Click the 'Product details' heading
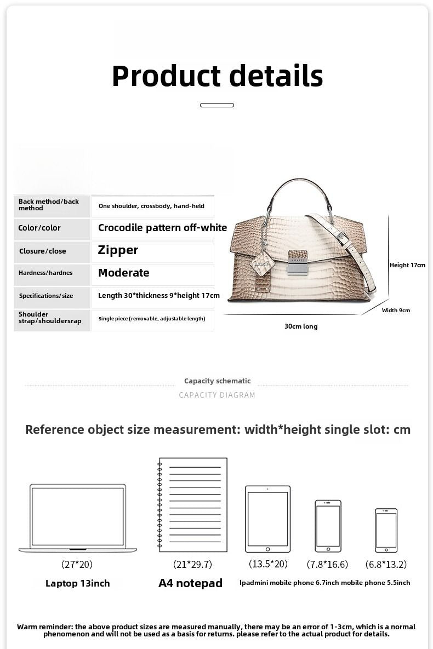pos(217,76)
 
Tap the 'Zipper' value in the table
pos(118,250)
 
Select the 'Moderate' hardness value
pos(123,273)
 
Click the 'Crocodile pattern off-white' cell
pos(162,228)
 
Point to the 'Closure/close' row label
pos(42,251)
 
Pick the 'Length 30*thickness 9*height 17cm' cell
pos(158,296)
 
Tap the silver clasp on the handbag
pos(298,262)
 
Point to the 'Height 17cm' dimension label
pos(407,265)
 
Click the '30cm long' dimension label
pos(300,326)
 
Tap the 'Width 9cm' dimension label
pos(396,311)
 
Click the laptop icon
pos(77,518)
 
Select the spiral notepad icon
pos(192,504)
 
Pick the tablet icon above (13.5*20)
pos(267,518)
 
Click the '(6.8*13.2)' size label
pos(386,564)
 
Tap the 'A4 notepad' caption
pos(190,583)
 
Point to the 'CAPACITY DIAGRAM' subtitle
pos(217,395)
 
